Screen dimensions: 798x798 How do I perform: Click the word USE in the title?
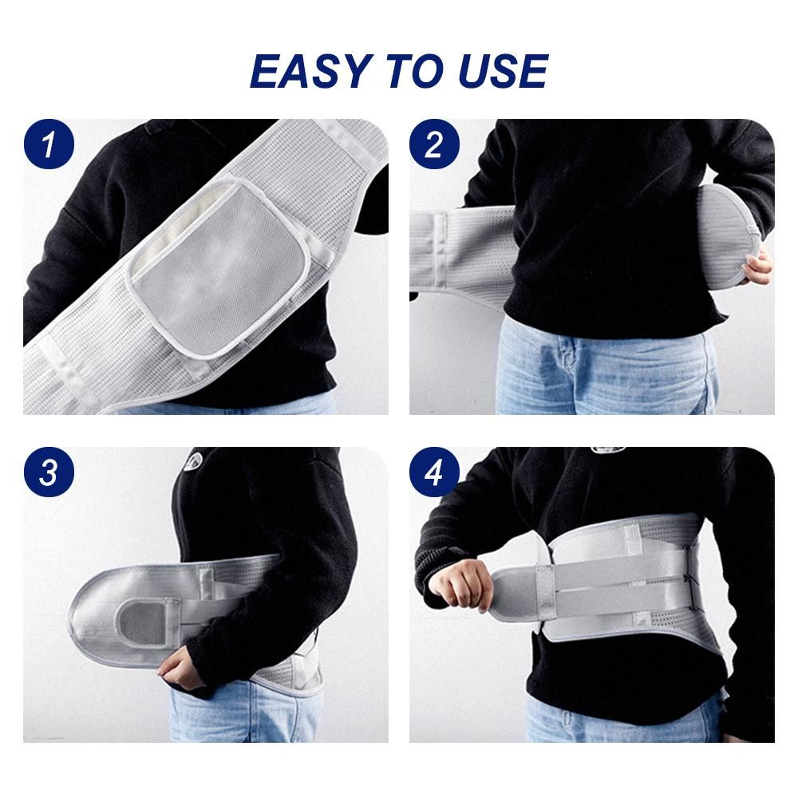tap(503, 71)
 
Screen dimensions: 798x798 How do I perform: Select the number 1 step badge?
tap(49, 144)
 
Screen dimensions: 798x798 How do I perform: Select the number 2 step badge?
tap(434, 144)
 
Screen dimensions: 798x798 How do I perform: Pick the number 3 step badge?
tap(49, 472)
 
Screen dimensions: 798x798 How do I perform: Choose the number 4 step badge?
tap(434, 472)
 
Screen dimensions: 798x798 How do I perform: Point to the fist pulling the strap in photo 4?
tap(462, 585)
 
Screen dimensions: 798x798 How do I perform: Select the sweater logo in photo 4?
tap(608, 450)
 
